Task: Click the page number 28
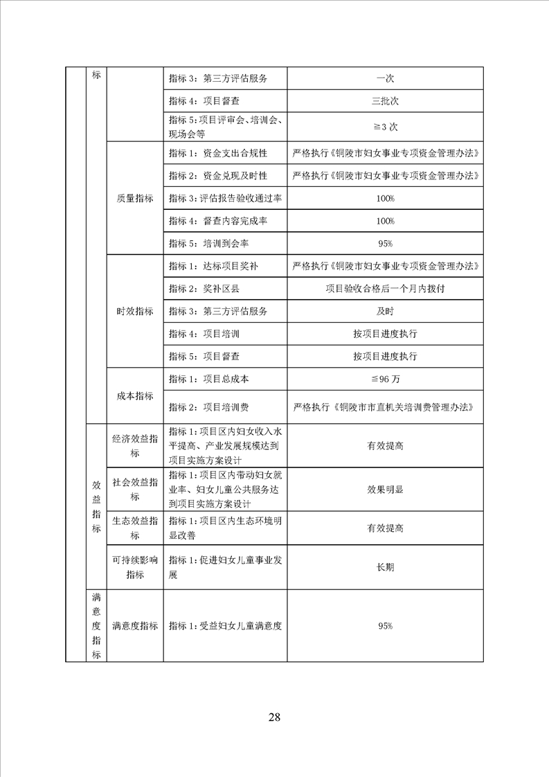tap(274, 717)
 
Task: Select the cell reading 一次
tap(385, 78)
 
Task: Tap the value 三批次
tap(385, 101)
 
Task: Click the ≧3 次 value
tap(386, 127)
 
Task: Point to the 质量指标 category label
tap(135, 198)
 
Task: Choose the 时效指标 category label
tap(135, 312)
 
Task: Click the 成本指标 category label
tap(135, 395)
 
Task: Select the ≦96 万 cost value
tap(385, 379)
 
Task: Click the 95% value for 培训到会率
tap(385, 244)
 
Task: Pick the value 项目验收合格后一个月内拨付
tap(385, 289)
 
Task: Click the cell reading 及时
tap(385, 311)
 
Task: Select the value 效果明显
tap(385, 489)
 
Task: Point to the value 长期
tap(385, 567)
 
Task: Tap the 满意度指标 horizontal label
tap(135, 626)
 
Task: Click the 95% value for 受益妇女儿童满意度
tap(385, 626)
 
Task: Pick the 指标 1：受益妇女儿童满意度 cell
tap(226, 626)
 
